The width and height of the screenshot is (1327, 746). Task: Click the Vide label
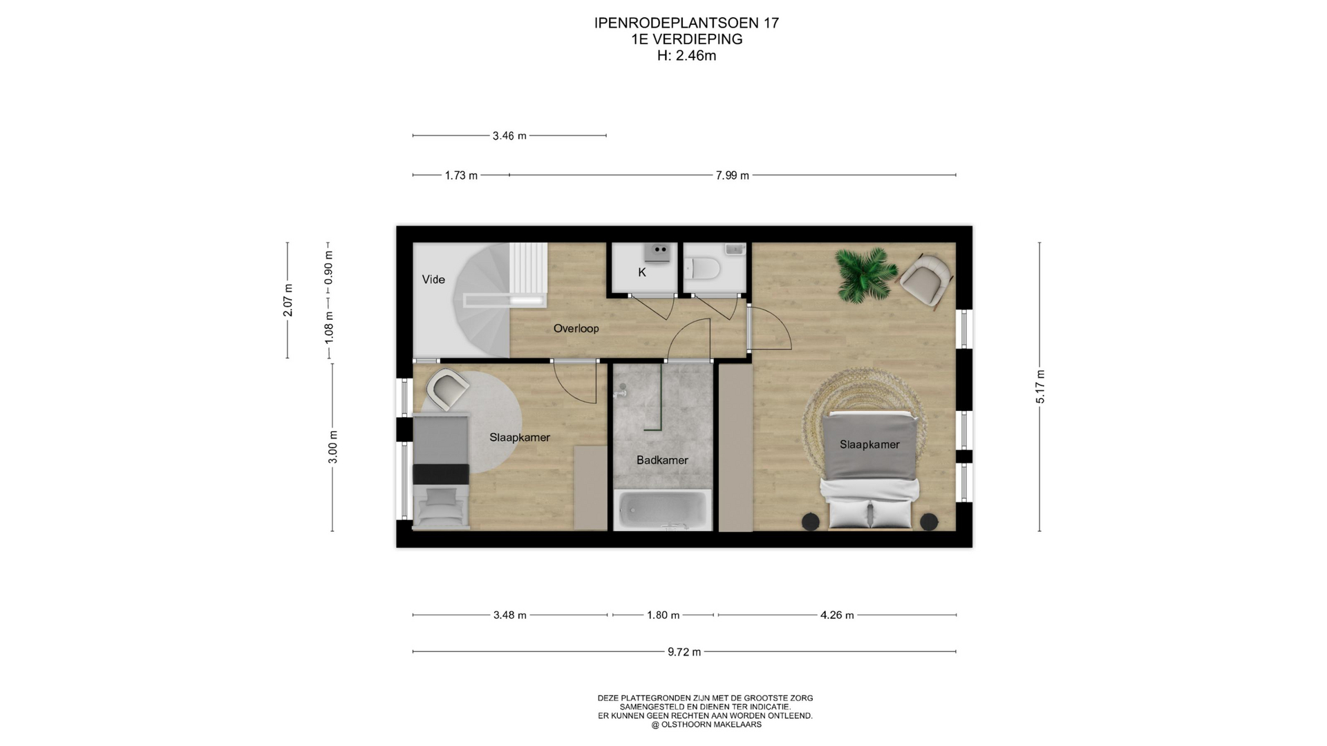coord(433,280)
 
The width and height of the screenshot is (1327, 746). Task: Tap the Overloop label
coord(576,329)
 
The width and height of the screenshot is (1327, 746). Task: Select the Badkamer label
coord(662,460)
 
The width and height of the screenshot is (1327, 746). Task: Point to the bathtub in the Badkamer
coord(663,510)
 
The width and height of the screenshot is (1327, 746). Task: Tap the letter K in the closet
coord(642,273)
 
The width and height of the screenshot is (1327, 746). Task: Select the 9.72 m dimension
coord(684,652)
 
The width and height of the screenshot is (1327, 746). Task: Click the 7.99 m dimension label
coord(732,176)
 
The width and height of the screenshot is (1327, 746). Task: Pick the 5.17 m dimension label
coord(1040,387)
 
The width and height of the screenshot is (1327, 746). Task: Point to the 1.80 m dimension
coord(663,615)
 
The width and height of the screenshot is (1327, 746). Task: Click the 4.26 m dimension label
coord(837,615)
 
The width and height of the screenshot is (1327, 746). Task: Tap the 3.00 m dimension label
coord(333,447)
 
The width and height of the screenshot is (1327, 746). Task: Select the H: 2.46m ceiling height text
coord(686,56)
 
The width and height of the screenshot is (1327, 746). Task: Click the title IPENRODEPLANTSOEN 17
coord(686,23)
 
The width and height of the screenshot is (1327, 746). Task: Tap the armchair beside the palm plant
coord(926,278)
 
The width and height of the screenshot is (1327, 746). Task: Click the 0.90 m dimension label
coord(329,267)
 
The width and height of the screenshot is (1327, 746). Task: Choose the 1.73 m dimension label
coord(461,176)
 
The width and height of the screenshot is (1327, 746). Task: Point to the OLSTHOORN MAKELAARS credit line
coord(706,725)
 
